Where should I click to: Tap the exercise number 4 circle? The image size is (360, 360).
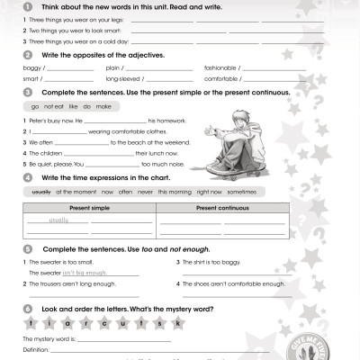27,178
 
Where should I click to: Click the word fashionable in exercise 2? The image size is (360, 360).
218,67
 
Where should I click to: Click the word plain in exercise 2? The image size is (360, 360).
114,67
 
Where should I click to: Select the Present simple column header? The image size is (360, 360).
88,208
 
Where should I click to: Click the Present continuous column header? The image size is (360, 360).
221,208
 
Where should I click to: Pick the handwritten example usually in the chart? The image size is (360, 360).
59,219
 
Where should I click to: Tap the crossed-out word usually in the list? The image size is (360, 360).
41,193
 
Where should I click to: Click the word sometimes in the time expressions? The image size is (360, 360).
242,193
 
